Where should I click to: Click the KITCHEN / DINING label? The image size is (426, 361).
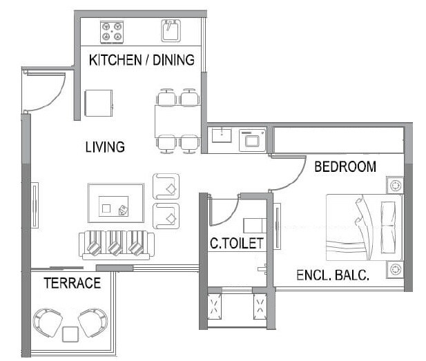point(142,60)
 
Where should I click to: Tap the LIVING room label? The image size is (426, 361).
point(105,147)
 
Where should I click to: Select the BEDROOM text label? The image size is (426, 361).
point(345,166)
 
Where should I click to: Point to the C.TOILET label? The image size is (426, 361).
point(236,243)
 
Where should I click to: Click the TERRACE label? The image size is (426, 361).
point(72,283)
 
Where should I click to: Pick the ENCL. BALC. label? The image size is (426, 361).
point(332,275)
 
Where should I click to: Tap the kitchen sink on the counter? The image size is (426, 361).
point(171,31)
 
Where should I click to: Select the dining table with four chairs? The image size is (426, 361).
point(178,119)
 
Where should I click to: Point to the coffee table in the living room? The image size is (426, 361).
point(115,202)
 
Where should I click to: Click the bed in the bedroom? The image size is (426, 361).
point(362,226)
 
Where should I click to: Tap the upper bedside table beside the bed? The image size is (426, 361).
point(395,185)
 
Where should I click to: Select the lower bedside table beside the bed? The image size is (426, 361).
point(395,269)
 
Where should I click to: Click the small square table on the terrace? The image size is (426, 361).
point(70,335)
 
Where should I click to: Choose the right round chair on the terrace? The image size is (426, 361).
point(93,322)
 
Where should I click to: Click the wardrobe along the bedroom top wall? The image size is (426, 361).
point(338,139)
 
